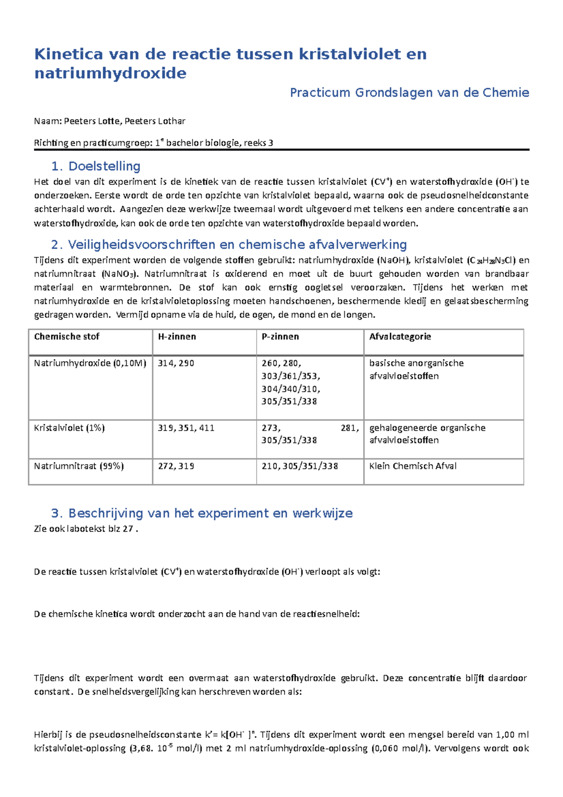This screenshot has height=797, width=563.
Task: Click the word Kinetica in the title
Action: (x=68, y=54)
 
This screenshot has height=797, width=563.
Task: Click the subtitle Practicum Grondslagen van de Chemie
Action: (x=409, y=92)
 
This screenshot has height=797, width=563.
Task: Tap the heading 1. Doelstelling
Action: (x=96, y=166)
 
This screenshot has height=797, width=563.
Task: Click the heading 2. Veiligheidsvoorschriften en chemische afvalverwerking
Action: (x=228, y=245)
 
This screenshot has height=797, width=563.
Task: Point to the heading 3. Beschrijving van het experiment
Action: (x=201, y=513)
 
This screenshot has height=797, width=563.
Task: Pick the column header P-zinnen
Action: (x=280, y=337)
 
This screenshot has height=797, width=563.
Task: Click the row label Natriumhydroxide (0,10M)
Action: (x=90, y=363)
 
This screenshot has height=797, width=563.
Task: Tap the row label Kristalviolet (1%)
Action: (x=69, y=428)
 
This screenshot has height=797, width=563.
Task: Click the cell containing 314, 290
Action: (x=176, y=363)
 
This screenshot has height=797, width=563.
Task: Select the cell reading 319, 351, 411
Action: (x=186, y=428)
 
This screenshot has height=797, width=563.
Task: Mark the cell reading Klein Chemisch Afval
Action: (x=412, y=466)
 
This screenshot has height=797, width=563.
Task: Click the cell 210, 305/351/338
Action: (x=300, y=466)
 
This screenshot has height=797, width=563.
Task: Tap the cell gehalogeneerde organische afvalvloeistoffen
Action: (x=427, y=434)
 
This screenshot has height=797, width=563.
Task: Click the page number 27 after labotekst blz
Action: (x=128, y=529)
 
